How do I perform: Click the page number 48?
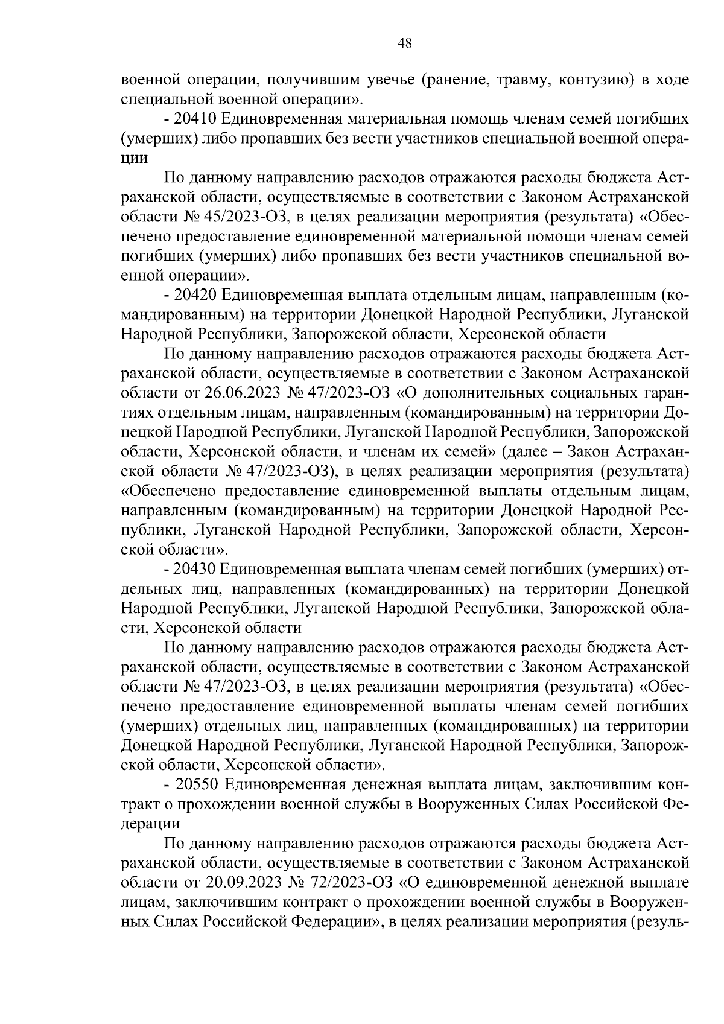[x=405, y=42]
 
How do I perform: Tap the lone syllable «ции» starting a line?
[x=134, y=158]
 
